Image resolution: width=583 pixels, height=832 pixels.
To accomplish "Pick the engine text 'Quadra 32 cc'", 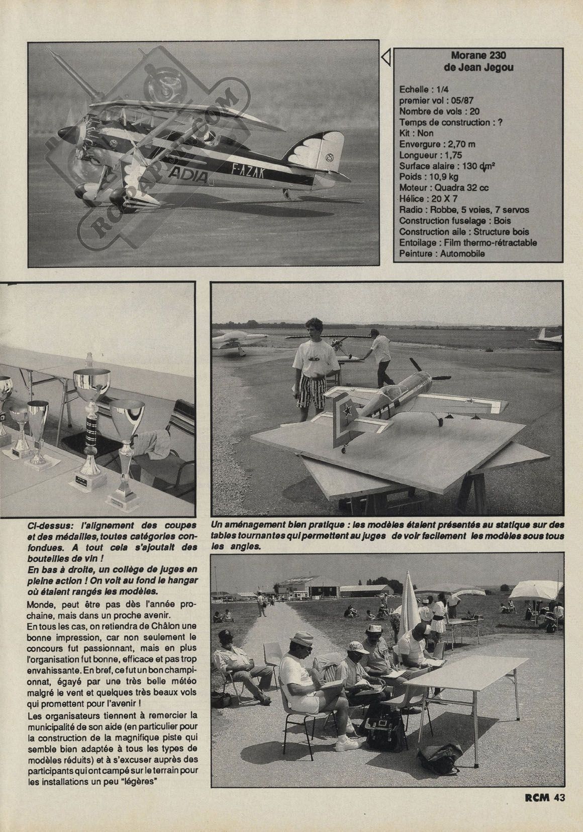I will (x=467, y=188).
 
